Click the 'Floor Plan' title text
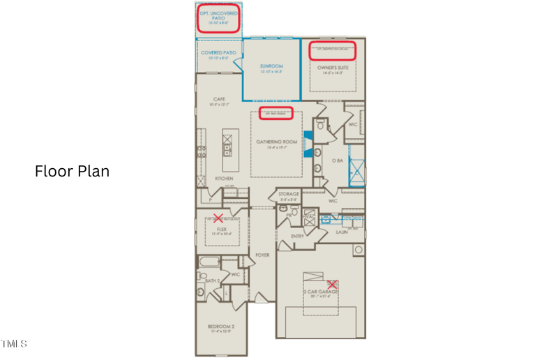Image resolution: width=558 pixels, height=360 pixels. coord(72,171)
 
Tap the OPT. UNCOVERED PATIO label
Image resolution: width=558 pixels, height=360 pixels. coord(218,15)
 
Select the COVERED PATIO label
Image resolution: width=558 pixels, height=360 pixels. coord(218,53)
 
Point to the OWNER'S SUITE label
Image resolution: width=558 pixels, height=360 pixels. coord(332,68)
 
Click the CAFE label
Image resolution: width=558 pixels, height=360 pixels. coord(218,100)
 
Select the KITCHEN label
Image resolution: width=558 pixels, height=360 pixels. coord(223,179)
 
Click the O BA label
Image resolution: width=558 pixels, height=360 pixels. coord(338,160)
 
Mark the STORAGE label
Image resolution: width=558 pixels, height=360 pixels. coord(289,194)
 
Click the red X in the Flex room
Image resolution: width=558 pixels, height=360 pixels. coord(218,218)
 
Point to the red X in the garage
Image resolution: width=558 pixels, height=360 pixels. coord(333,284)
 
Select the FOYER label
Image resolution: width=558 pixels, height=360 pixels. coord(262,255)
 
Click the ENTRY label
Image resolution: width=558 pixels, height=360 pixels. coord(297,237)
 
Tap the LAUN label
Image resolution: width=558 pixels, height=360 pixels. coord(342,232)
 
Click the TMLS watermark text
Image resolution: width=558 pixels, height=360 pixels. coord(14,343)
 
